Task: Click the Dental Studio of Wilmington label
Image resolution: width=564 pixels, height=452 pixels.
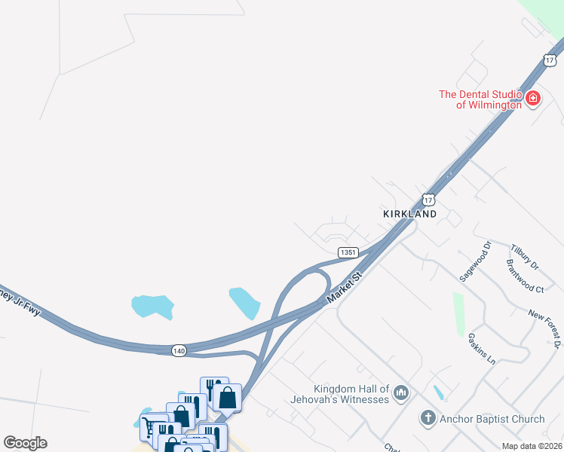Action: (481, 99)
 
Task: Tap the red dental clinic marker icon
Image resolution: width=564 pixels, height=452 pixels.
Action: (533, 99)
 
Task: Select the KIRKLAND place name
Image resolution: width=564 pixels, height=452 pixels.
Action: (409, 214)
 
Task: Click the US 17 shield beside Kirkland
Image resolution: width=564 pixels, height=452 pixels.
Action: (428, 199)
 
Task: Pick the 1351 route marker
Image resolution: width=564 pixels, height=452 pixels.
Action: (347, 252)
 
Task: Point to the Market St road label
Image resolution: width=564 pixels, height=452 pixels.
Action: (346, 289)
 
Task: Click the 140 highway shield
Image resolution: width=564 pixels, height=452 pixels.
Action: (179, 350)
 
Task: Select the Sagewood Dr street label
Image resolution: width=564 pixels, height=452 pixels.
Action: (476, 262)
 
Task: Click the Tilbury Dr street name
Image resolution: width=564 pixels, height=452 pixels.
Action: (525, 257)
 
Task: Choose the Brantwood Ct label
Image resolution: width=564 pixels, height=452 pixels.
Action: (525, 276)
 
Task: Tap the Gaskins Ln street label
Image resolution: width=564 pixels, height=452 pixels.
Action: (481, 349)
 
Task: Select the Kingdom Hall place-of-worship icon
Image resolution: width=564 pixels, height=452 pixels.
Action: (401, 392)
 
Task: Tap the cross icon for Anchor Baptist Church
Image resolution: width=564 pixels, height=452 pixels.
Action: (428, 418)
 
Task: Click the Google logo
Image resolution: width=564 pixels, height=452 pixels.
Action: (25, 443)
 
